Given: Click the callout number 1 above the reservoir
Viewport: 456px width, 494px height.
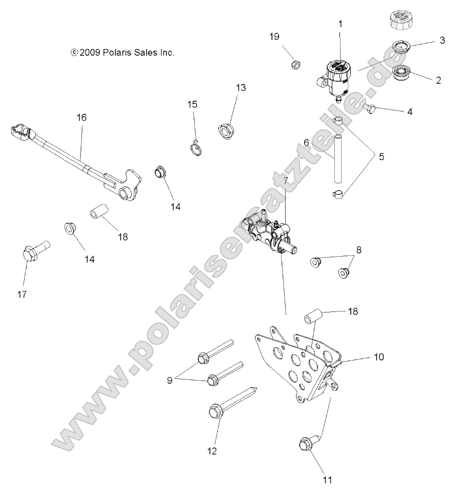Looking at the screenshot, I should (x=340, y=24).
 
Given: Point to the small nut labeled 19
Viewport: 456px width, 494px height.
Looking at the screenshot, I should (x=295, y=65).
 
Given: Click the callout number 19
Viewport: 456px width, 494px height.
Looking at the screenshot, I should (x=275, y=36).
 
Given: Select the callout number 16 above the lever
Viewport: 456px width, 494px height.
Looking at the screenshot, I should (x=82, y=117).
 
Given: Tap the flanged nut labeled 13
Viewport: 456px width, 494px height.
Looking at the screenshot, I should (x=224, y=130).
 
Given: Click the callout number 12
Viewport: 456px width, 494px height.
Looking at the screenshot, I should (x=212, y=451).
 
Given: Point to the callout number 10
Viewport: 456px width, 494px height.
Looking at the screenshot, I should (x=379, y=356).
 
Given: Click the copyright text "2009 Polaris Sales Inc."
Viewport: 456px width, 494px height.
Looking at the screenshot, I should (x=123, y=52).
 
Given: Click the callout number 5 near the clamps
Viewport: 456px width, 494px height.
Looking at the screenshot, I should (x=381, y=156).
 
